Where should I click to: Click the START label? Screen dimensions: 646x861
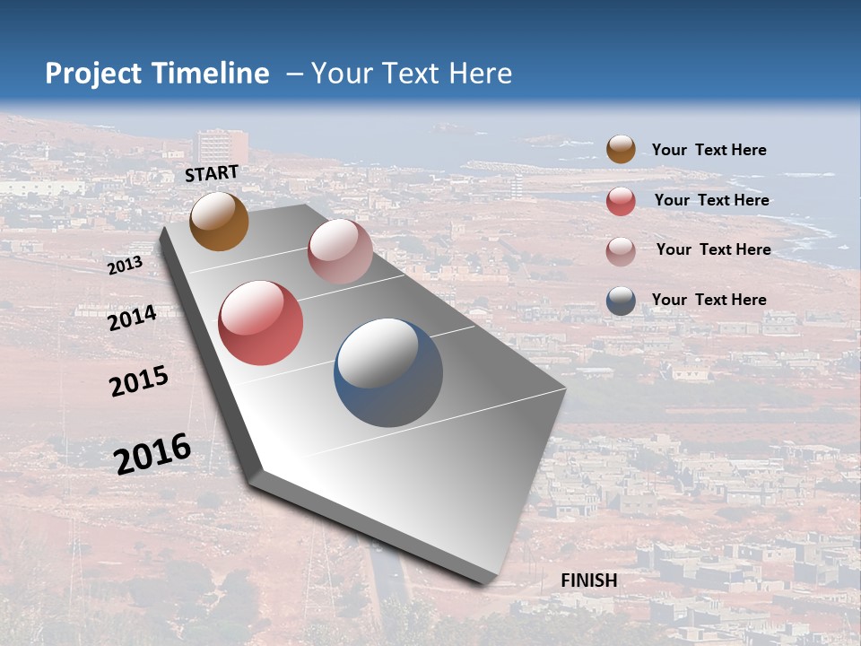click(212, 173)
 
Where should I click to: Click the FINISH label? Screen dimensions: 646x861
click(589, 581)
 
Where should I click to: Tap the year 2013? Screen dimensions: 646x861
click(125, 266)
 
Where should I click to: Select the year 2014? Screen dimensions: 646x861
click(132, 319)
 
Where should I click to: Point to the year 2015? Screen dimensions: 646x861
click(139, 381)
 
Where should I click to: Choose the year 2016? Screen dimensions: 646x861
click(152, 454)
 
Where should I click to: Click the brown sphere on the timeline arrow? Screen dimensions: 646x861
click(219, 222)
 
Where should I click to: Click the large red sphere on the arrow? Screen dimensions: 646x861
click(261, 323)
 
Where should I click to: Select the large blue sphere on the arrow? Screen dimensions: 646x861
click(388, 372)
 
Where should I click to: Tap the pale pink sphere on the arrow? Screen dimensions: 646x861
click(340, 251)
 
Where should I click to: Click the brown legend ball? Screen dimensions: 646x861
click(621, 150)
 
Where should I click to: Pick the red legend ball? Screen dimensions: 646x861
click(621, 201)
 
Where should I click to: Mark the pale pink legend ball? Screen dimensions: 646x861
click(621, 250)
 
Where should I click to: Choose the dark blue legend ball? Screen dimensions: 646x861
click(621, 301)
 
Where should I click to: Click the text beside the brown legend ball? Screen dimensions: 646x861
click(709, 150)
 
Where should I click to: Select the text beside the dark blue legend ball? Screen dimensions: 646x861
click(709, 300)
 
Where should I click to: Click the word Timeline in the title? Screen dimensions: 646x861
click(211, 74)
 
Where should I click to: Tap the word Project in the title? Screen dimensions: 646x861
click(91, 74)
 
